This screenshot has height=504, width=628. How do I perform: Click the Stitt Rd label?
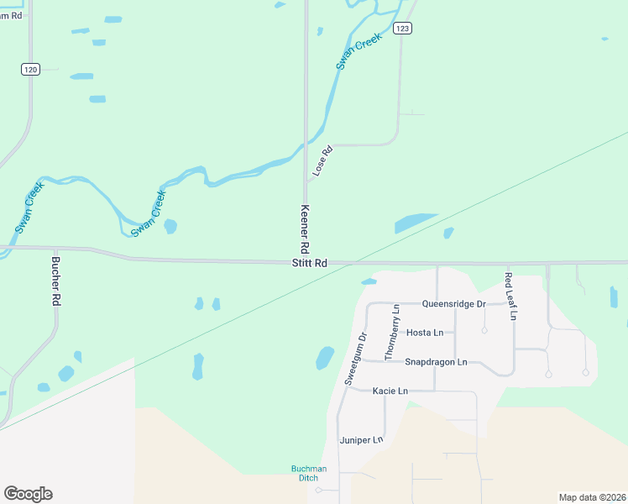click(x=309, y=263)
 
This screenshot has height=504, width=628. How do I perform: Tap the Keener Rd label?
click(x=305, y=230)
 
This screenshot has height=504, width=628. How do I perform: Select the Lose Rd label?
click(x=322, y=161)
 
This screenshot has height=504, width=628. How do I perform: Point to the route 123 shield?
click(x=403, y=29)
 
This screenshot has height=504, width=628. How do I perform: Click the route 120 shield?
click(x=30, y=70)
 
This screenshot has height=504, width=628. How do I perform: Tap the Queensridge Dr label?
click(x=454, y=303)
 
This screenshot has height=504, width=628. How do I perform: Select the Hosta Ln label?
click(x=424, y=333)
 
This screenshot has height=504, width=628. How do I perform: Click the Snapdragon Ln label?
click(x=436, y=362)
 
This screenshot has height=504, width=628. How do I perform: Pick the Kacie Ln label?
click(x=390, y=391)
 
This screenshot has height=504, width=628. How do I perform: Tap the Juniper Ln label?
click(x=361, y=439)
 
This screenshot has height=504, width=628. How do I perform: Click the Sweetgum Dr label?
click(x=355, y=360)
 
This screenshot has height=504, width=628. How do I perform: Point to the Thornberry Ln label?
click(x=392, y=333)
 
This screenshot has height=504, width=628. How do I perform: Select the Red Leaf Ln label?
click(x=510, y=296)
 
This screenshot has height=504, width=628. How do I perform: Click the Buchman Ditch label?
click(x=303, y=473)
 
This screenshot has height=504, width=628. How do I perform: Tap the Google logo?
click(x=28, y=494)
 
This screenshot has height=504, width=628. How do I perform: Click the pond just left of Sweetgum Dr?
click(x=324, y=358)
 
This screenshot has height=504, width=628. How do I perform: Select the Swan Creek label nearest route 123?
click(x=359, y=50)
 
